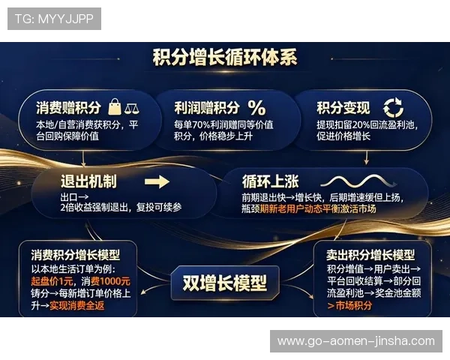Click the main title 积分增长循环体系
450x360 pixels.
[x=224, y=58]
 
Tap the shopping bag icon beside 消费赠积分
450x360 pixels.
[x=115, y=106]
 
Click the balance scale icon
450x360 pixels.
[x=133, y=107]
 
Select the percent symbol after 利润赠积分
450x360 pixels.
[x=256, y=106]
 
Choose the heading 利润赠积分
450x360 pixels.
[x=205, y=107]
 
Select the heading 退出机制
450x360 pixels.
[x=88, y=181]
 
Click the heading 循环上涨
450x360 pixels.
[x=271, y=181]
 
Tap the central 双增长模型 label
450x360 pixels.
[x=224, y=282]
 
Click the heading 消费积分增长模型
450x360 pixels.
[x=75, y=254]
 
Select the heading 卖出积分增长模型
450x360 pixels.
[x=370, y=254]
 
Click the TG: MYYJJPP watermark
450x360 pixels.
[x=54, y=19]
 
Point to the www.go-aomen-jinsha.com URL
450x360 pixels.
[x=356, y=341]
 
